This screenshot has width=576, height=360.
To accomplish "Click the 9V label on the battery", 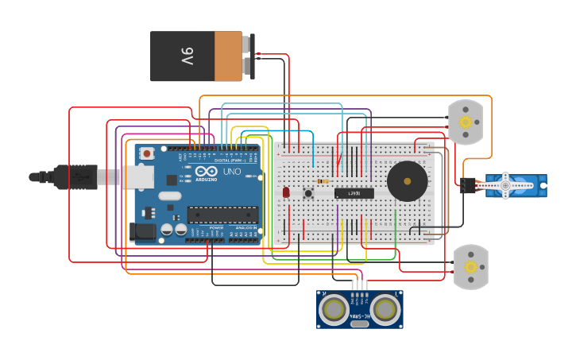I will coord(186,56).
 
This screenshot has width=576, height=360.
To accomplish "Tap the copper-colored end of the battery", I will coord(228,56).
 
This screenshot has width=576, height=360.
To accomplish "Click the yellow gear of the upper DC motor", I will coord(466,122).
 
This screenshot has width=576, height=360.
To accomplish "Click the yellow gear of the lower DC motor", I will coord(471,267).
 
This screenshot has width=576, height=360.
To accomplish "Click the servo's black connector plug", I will coord(467,185).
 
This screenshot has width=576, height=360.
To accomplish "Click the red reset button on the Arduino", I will coord(147,153).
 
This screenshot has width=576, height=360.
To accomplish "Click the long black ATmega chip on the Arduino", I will coord(222,214).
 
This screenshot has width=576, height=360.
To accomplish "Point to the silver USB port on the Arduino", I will coord(139,176).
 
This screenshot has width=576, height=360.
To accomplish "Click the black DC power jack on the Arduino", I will coord(143,231).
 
